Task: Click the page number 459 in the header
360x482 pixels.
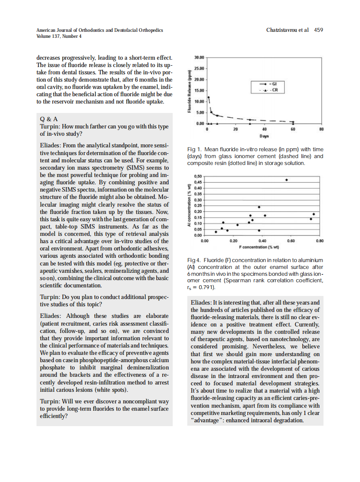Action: [318, 30]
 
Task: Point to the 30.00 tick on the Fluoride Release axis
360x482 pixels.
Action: [199, 57]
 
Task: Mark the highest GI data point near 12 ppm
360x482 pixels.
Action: [209, 98]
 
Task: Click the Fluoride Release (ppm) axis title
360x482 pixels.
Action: [189, 91]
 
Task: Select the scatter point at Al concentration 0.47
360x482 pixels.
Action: [287, 180]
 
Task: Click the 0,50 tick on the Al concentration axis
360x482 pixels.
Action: [198, 177]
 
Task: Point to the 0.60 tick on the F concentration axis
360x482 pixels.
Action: [291, 241]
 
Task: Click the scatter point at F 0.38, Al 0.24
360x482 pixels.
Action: [259, 207]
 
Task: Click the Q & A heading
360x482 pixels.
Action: [49, 119]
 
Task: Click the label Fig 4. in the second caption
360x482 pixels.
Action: [195, 260]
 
